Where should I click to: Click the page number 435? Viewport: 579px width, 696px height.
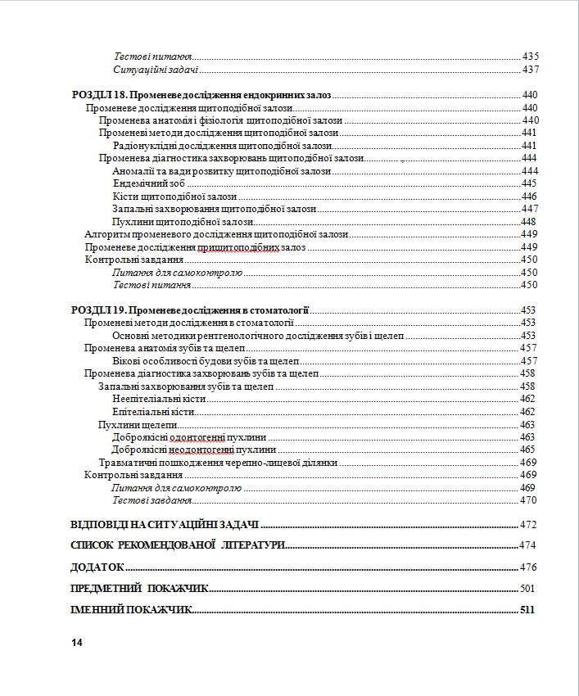click(x=530, y=56)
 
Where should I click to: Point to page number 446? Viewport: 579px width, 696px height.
click(x=528, y=197)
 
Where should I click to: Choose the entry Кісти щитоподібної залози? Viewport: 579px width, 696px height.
click(x=174, y=197)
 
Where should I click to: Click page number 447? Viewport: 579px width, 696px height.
click(x=528, y=209)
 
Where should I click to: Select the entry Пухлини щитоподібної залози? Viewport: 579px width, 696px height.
click(x=183, y=222)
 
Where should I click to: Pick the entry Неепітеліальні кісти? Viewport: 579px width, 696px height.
click(x=158, y=399)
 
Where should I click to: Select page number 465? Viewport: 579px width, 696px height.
click(x=527, y=450)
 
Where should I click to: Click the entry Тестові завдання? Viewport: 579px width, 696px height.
click(x=152, y=500)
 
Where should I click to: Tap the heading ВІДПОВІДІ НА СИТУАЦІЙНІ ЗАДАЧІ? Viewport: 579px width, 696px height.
click(x=165, y=524)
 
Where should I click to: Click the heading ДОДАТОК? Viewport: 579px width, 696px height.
click(x=97, y=567)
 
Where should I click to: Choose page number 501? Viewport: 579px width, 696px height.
click(x=527, y=588)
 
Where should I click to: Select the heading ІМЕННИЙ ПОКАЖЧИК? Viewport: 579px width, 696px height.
click(x=131, y=610)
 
